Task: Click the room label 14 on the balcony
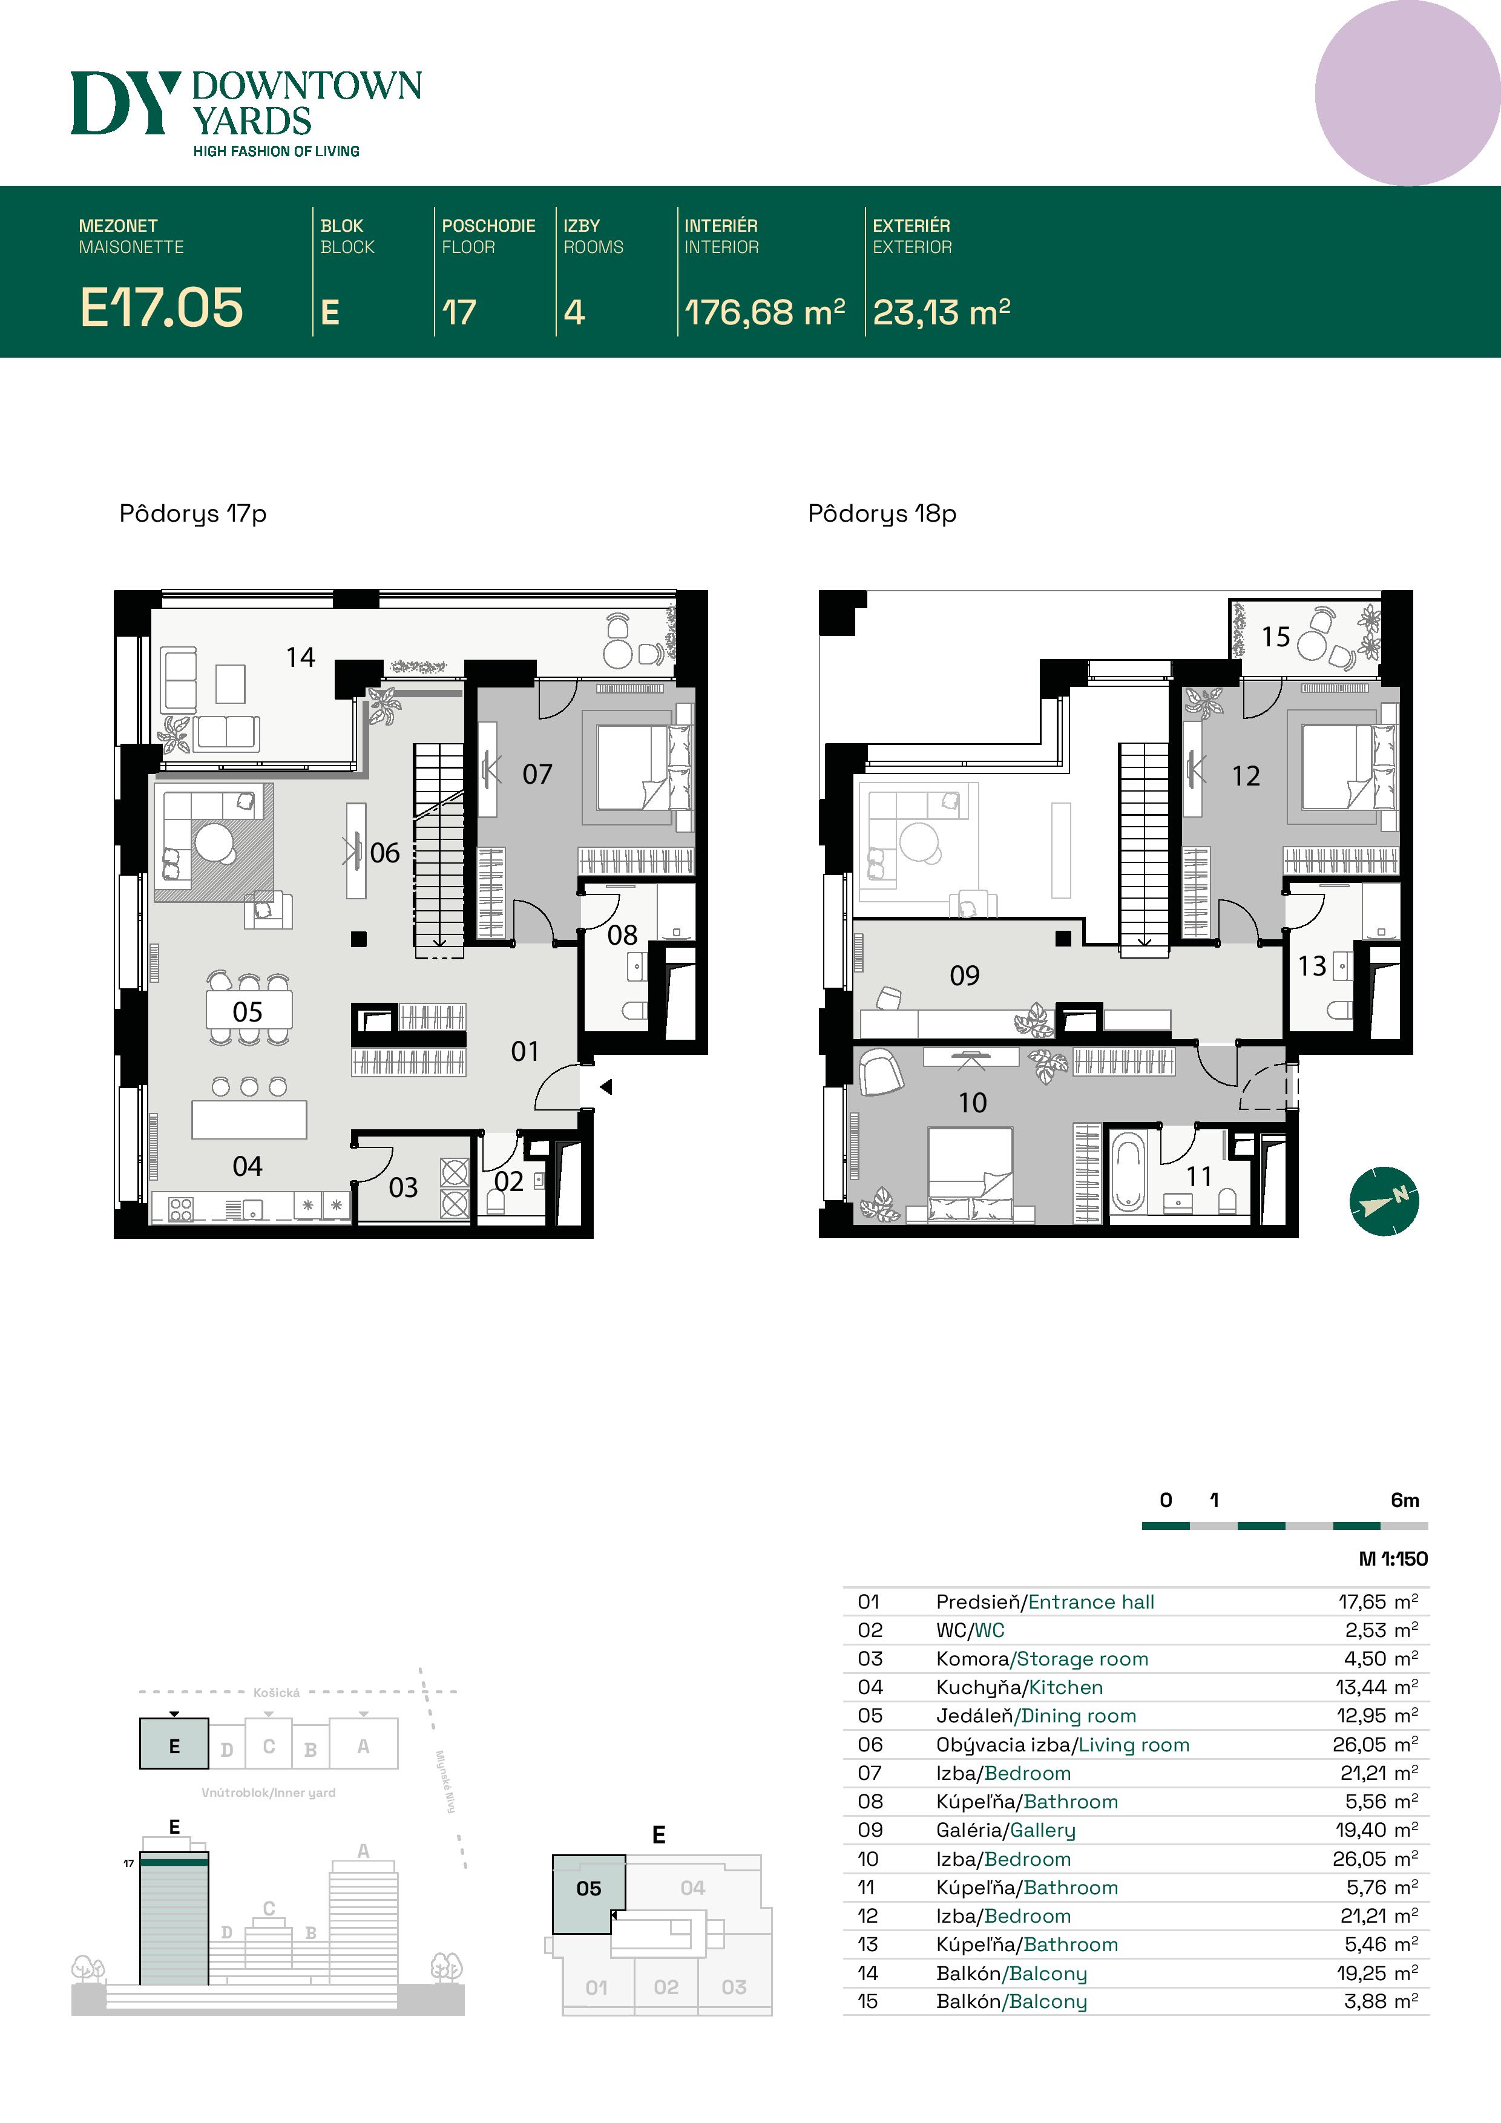301,657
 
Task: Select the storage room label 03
403,1187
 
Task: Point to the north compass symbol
1384,1201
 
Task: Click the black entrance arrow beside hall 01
606,1088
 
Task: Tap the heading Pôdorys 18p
882,514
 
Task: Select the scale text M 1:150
1393,1559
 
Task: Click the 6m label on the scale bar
1405,1500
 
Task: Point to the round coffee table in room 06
215,841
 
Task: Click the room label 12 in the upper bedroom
1246,776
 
